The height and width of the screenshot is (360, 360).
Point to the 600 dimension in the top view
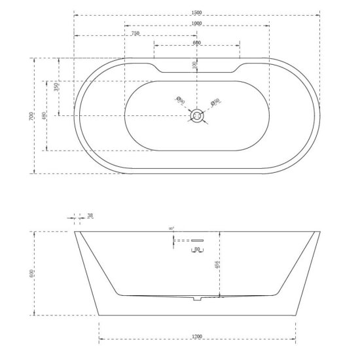pos(196,42)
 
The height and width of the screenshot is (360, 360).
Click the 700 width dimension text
pos(32,116)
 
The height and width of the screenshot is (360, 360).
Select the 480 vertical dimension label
pos(44,117)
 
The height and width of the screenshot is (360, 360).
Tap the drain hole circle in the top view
pos(196,117)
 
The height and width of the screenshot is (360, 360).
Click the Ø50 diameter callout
pos(214,101)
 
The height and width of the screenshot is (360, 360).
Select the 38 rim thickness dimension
pos(90,215)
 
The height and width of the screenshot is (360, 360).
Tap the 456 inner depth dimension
pos(217,264)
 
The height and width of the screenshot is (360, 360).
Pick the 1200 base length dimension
pos(197,336)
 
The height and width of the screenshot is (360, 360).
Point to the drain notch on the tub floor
pos(196,300)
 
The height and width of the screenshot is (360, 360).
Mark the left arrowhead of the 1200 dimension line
pos(99,340)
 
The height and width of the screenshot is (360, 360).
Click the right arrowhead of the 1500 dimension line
pos(319,15)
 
